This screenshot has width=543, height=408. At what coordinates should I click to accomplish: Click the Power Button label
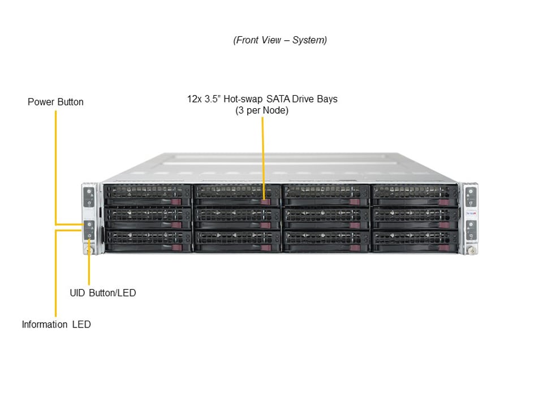tap(55, 102)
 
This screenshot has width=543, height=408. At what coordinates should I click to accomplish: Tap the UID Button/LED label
tap(102, 293)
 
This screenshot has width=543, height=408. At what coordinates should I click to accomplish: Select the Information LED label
tap(56, 325)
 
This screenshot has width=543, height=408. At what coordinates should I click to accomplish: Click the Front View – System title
tap(279, 40)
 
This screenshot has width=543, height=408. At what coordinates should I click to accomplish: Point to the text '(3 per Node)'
tap(262, 110)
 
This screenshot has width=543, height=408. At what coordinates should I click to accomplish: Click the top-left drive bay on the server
tap(148, 195)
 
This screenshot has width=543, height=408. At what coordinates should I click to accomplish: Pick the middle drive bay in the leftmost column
tap(148, 218)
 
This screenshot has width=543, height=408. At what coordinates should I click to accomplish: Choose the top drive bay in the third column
tap(326, 195)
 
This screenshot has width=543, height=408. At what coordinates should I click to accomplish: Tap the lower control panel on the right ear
tap(469, 229)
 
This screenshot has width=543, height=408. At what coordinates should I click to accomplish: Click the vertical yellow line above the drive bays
tap(262, 153)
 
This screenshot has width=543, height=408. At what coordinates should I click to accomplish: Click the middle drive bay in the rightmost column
tap(415, 218)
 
